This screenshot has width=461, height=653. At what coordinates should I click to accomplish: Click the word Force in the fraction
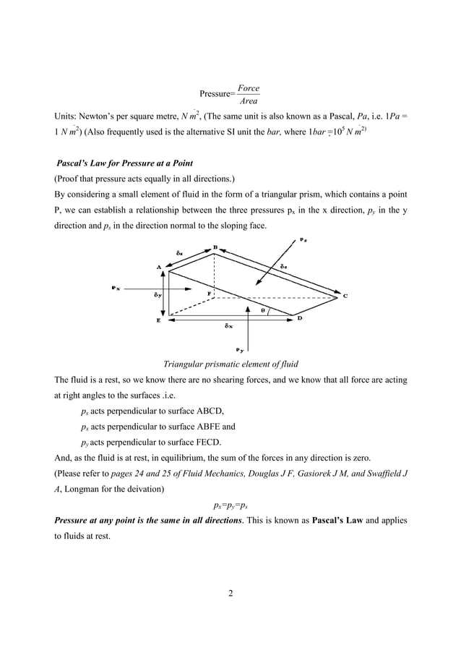click(x=249, y=88)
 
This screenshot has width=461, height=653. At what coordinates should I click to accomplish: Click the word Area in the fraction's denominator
click(x=249, y=101)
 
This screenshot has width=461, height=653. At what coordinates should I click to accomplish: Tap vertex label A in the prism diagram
click(x=160, y=266)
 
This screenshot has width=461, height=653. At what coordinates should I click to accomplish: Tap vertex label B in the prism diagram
click(x=215, y=247)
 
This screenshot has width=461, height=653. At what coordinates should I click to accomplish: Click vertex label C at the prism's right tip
click(x=344, y=295)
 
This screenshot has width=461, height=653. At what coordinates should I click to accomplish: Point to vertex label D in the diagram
click(x=299, y=317)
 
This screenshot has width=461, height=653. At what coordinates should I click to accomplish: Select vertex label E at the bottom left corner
click(x=159, y=322)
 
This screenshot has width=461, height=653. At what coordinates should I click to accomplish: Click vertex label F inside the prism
click(x=210, y=293)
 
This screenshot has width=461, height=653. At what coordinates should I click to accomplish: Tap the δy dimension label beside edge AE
click(x=157, y=295)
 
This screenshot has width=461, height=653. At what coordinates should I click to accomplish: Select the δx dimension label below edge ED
click(x=228, y=325)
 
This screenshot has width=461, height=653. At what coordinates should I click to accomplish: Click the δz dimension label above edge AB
click(x=178, y=253)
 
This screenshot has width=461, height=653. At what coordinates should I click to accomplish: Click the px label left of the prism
click(x=116, y=287)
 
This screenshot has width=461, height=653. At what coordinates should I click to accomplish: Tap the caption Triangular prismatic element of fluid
click(x=231, y=364)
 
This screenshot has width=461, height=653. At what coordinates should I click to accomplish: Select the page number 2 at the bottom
click(x=230, y=594)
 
